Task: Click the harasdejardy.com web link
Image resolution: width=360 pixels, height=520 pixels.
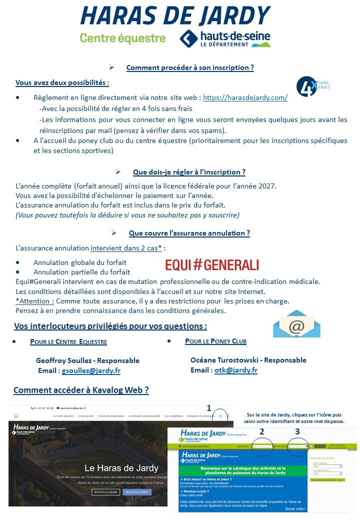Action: pyautogui.click(x=245, y=98)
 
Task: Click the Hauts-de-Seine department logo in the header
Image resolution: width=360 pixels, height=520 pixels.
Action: pyautogui.click(x=225, y=38)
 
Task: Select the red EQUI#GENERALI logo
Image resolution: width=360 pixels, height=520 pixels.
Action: pyautogui.click(x=212, y=264)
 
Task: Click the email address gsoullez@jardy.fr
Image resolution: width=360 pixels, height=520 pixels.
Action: pyautogui.click(x=91, y=370)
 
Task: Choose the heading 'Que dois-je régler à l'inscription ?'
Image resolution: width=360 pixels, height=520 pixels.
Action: pyautogui.click(x=189, y=172)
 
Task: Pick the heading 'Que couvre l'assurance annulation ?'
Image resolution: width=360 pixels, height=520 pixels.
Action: pyautogui.click(x=189, y=233)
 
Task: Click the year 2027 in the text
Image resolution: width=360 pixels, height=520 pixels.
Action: pyautogui.click(x=267, y=186)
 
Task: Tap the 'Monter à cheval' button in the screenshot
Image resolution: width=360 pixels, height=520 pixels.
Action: pyautogui.click(x=106, y=492)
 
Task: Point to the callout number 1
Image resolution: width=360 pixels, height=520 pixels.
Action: pyautogui.click(x=209, y=408)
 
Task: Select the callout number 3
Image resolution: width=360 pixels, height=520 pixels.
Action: pyautogui.click(x=297, y=431)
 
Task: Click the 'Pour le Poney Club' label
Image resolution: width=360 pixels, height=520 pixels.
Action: pyautogui.click(x=215, y=341)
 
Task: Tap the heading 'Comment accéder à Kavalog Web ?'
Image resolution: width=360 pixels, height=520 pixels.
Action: pyautogui.click(x=81, y=390)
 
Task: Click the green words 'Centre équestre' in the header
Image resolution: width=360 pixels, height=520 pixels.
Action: pyautogui.click(x=122, y=38)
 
